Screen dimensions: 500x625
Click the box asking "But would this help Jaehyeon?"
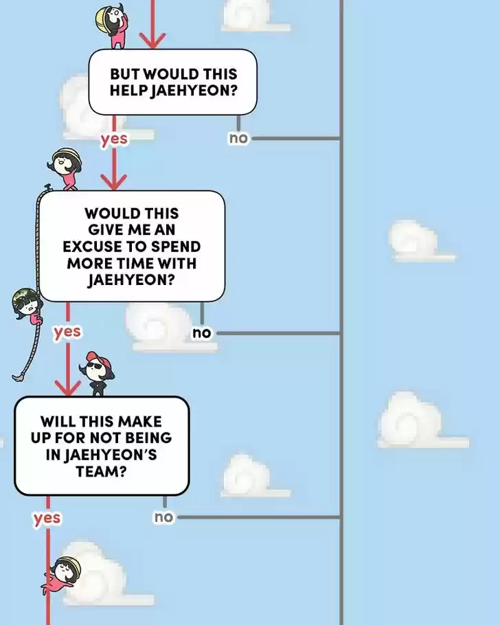tap(172, 82)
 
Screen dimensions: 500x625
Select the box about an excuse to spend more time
tap(132, 247)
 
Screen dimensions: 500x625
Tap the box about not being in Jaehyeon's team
tap(102, 446)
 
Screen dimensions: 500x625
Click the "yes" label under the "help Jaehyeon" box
tap(114, 139)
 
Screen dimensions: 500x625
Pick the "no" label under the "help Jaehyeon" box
tap(238, 138)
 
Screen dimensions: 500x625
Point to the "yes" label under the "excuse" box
tap(67, 332)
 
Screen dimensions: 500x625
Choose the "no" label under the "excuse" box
tap(202, 333)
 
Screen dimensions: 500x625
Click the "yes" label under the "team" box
tap(47, 518)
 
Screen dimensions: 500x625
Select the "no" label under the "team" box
tap(163, 517)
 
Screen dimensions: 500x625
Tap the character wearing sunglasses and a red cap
tap(97, 373)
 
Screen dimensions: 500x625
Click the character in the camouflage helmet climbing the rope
tap(27, 305)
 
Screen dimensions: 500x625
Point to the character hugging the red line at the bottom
tap(61, 574)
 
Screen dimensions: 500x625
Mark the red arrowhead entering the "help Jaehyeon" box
tap(152, 41)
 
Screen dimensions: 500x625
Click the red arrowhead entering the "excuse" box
tap(113, 182)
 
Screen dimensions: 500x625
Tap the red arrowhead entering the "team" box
tap(68, 388)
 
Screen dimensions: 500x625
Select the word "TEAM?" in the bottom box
tap(101, 472)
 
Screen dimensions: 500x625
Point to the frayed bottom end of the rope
tap(19, 377)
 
